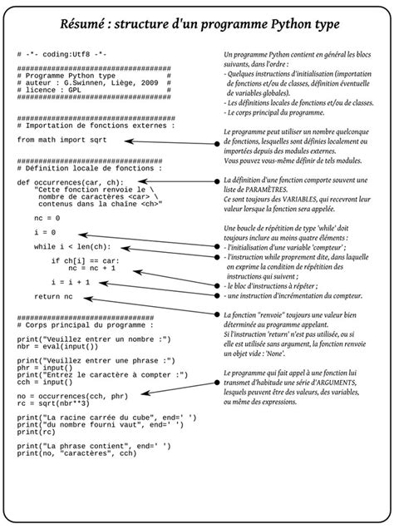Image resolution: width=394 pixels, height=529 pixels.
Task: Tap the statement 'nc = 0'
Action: click(x=47, y=217)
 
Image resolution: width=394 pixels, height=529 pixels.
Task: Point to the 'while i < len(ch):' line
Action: click(x=71, y=247)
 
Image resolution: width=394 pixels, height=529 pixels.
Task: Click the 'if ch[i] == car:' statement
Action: click(x=86, y=261)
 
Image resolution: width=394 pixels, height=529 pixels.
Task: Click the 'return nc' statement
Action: click(x=53, y=296)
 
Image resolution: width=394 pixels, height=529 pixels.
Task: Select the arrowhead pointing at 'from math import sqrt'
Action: click(x=129, y=141)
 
